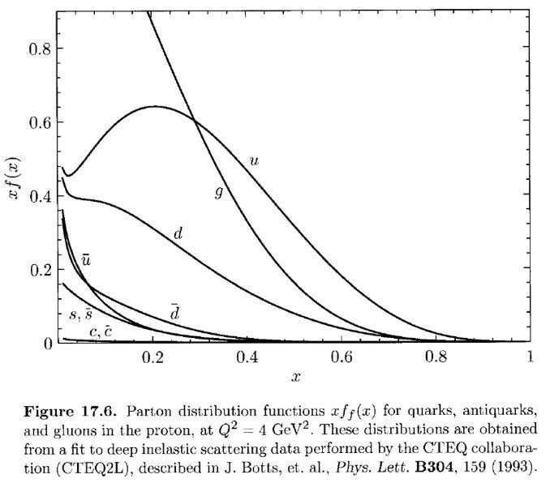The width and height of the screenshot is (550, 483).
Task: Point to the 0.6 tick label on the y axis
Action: pos(40,122)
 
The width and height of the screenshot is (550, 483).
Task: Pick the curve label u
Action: pos(255,161)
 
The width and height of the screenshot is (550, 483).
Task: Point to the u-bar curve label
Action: pos(85,260)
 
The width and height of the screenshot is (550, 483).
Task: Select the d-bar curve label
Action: pos(174,310)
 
